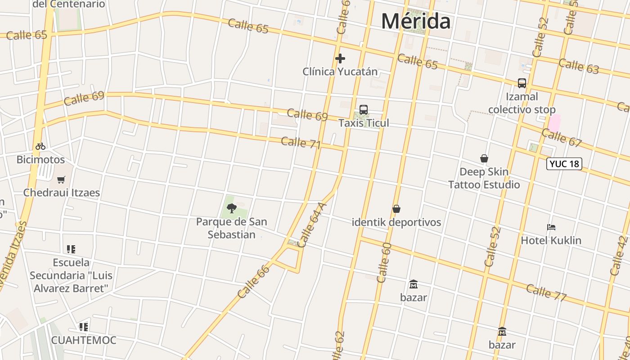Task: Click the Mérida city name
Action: pyautogui.click(x=416, y=22)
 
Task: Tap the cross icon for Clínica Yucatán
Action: pyautogui.click(x=340, y=58)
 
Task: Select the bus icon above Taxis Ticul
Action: pyautogui.click(x=364, y=110)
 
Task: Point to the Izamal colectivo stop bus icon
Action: pyautogui.click(x=522, y=83)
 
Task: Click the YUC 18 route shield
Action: pyautogui.click(x=564, y=164)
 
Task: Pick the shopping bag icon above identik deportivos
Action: pyautogui.click(x=396, y=209)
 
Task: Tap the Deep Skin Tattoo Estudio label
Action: pyautogui.click(x=484, y=178)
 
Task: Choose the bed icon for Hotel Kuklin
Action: pyautogui.click(x=551, y=227)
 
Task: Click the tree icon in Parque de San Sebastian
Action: pyautogui.click(x=232, y=208)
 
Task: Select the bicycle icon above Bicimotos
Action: pyautogui.click(x=40, y=146)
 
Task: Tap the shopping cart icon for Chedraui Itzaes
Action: pyautogui.click(x=61, y=180)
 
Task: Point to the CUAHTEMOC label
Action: pyautogui.click(x=84, y=340)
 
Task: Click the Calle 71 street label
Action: pyautogui.click(x=301, y=143)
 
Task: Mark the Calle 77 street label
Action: pyautogui.click(x=546, y=292)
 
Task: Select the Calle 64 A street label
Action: pyautogui.click(x=312, y=225)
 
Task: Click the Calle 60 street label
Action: pyautogui.click(x=384, y=263)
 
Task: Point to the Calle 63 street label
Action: pyautogui.click(x=579, y=66)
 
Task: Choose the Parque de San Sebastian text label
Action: pyautogui.click(x=231, y=228)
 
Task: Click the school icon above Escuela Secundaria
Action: pyautogui.click(x=71, y=249)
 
